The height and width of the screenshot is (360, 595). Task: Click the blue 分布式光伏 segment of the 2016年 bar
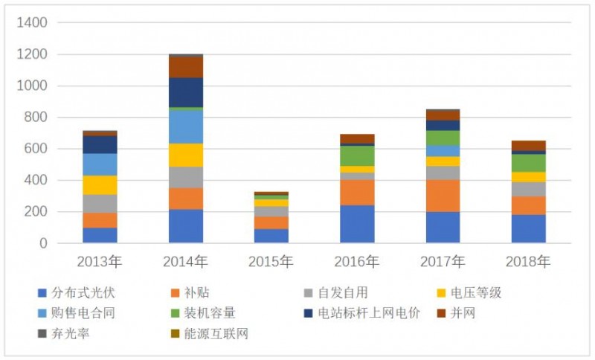(x=357, y=224)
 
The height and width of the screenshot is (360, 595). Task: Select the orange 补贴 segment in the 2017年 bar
(x=443, y=196)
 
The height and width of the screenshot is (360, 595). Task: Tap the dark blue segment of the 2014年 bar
(x=186, y=92)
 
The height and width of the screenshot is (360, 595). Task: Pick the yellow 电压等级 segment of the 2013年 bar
(x=100, y=184)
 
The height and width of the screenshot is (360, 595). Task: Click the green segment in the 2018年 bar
(x=528, y=163)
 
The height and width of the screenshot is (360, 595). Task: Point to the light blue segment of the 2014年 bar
(x=186, y=126)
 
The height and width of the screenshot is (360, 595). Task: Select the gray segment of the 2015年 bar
(x=271, y=211)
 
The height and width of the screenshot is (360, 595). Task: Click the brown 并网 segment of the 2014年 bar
(x=186, y=67)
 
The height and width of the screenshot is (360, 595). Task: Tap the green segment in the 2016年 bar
(x=357, y=155)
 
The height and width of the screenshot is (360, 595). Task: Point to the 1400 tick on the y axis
(x=32, y=23)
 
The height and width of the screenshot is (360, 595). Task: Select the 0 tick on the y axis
(x=42, y=243)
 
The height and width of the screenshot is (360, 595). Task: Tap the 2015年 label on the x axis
(x=271, y=262)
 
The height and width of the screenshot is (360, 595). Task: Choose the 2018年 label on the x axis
(x=528, y=262)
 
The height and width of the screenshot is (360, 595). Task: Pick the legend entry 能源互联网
(x=218, y=334)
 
